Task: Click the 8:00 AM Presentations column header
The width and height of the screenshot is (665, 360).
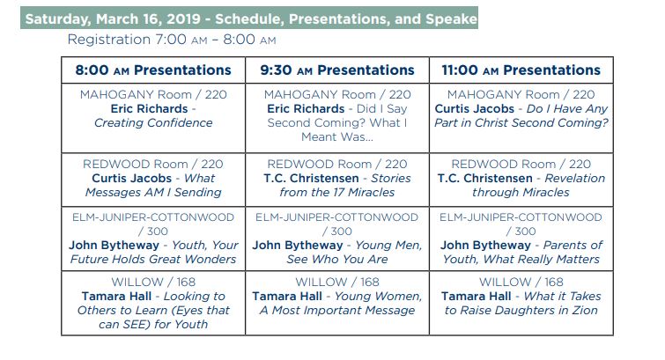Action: click(153, 70)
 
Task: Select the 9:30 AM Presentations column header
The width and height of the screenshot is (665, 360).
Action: click(337, 70)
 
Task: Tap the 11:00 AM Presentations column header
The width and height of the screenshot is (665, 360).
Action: click(521, 70)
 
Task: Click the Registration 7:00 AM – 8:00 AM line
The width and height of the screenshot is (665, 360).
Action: click(172, 40)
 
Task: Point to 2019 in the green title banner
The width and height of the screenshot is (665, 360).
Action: click(183, 18)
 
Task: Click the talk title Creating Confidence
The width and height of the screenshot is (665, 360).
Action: click(153, 122)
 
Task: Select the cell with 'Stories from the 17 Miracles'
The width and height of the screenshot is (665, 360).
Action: click(337, 180)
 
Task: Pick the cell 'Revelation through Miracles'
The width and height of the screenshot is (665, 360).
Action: click(521, 180)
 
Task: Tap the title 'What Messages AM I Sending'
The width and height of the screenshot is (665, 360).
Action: click(153, 186)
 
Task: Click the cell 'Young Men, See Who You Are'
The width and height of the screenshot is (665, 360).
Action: click(337, 239)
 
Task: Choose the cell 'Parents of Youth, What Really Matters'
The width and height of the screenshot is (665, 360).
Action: click(521, 239)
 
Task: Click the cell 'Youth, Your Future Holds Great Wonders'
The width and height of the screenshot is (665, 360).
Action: click(153, 239)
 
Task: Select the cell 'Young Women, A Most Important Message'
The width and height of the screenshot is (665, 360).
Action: click(337, 303)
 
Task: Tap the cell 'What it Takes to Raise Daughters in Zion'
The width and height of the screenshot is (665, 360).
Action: click(521, 303)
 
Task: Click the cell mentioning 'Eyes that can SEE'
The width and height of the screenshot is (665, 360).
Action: click(153, 303)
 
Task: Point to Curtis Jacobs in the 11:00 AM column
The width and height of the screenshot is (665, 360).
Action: click(474, 109)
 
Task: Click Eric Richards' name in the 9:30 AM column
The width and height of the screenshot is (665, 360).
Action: click(306, 109)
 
